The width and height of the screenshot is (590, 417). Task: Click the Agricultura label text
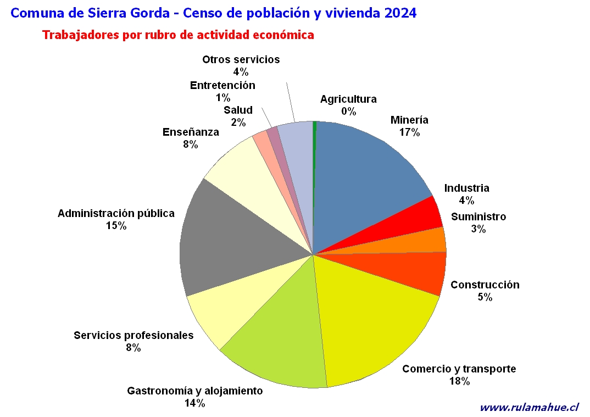[x=348, y=99]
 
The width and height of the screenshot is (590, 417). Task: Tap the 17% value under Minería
[x=409, y=132]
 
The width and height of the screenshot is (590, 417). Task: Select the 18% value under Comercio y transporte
[x=459, y=381]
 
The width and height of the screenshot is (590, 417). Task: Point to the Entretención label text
[x=222, y=85]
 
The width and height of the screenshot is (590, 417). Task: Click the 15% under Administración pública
[x=116, y=226]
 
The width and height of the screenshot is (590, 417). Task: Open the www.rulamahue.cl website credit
[x=529, y=407]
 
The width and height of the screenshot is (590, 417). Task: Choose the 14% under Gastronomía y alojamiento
[x=194, y=403]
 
